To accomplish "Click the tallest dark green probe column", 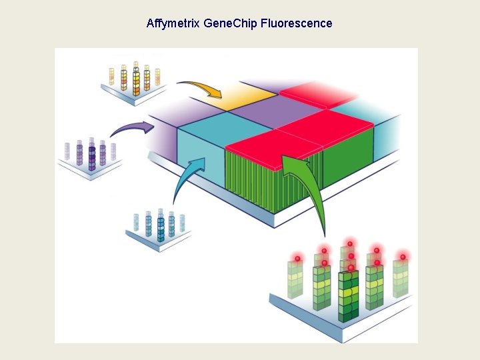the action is (348, 293).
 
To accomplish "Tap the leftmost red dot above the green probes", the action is (298, 257).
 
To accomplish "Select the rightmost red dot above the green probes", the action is (403, 257).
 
